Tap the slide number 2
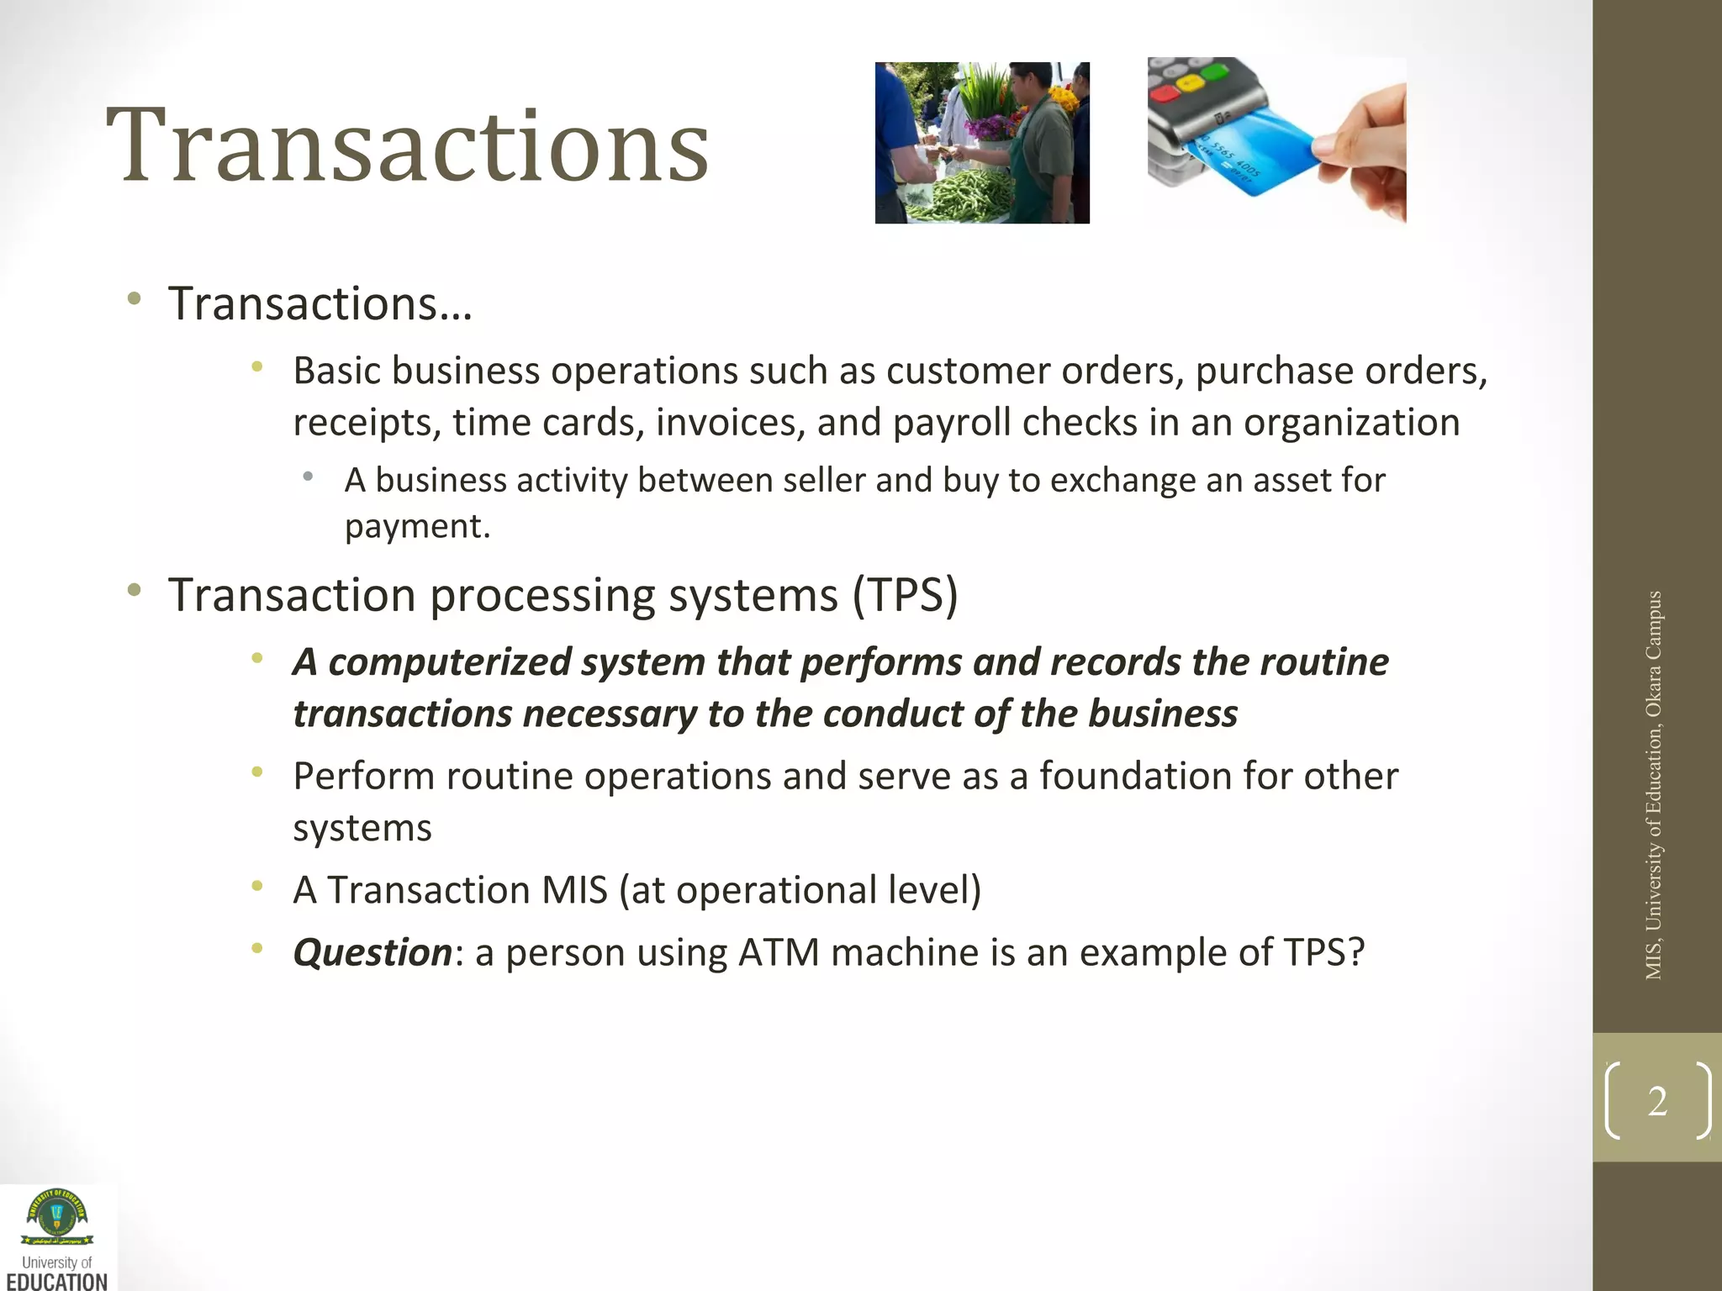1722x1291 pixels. (1657, 1101)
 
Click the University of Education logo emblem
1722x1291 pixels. (57, 1218)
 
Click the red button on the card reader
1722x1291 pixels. (1165, 91)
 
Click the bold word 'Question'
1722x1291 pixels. (372, 953)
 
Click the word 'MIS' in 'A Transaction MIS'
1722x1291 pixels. (574, 890)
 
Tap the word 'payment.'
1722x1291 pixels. (417, 527)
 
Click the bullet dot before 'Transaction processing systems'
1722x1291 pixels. (135, 590)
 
